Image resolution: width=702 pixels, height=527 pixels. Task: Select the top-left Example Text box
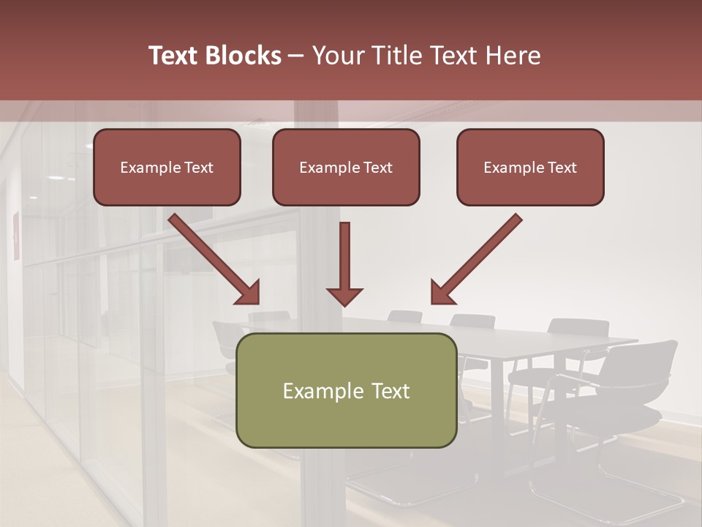pos(167,168)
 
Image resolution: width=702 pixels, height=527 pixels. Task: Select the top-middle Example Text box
pos(346,168)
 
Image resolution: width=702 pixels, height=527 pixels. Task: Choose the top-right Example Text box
pos(530,168)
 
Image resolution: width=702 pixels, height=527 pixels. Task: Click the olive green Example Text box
pos(346,390)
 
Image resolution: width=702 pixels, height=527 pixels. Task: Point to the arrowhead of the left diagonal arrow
pos(249,294)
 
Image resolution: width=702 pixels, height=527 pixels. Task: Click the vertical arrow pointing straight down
pos(344,263)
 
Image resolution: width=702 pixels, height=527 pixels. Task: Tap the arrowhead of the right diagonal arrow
pos(441,294)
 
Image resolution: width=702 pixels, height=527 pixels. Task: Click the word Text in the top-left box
pos(198,168)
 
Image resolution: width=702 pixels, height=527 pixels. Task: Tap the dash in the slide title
pos(297,56)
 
